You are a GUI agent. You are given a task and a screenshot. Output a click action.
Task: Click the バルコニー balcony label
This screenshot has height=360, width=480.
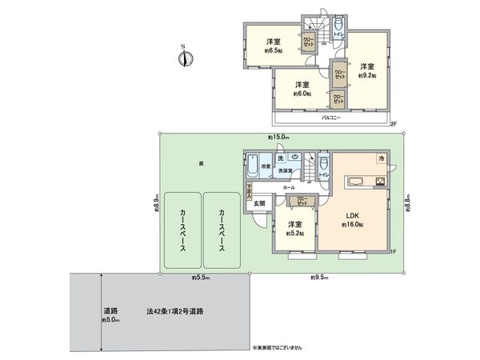pyautogui.click(x=332, y=117)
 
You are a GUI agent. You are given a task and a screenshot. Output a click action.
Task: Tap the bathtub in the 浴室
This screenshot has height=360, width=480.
pyautogui.click(x=255, y=167)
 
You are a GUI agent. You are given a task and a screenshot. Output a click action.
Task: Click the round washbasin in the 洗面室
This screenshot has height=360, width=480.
pyautogui.click(x=295, y=157)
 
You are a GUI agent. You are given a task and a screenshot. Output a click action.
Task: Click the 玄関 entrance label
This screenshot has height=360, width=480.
pyautogui.click(x=260, y=204)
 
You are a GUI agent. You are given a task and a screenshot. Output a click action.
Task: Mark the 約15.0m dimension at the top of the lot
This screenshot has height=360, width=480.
pyautogui.click(x=278, y=137)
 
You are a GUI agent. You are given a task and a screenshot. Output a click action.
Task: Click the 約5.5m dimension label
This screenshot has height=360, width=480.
pyautogui.click(x=201, y=277)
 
